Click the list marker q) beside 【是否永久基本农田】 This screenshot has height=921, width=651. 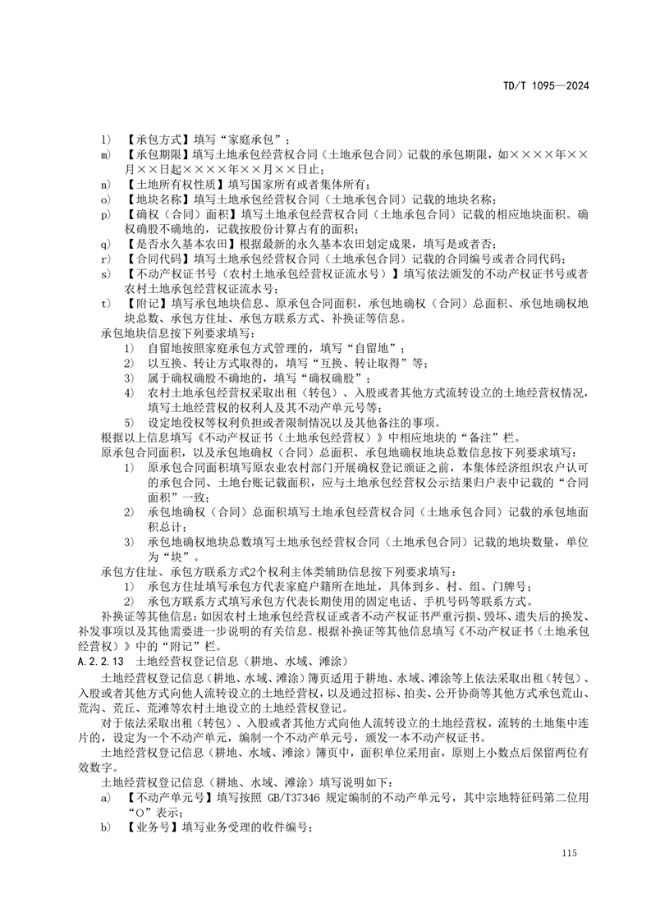pyautogui.click(x=104, y=242)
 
